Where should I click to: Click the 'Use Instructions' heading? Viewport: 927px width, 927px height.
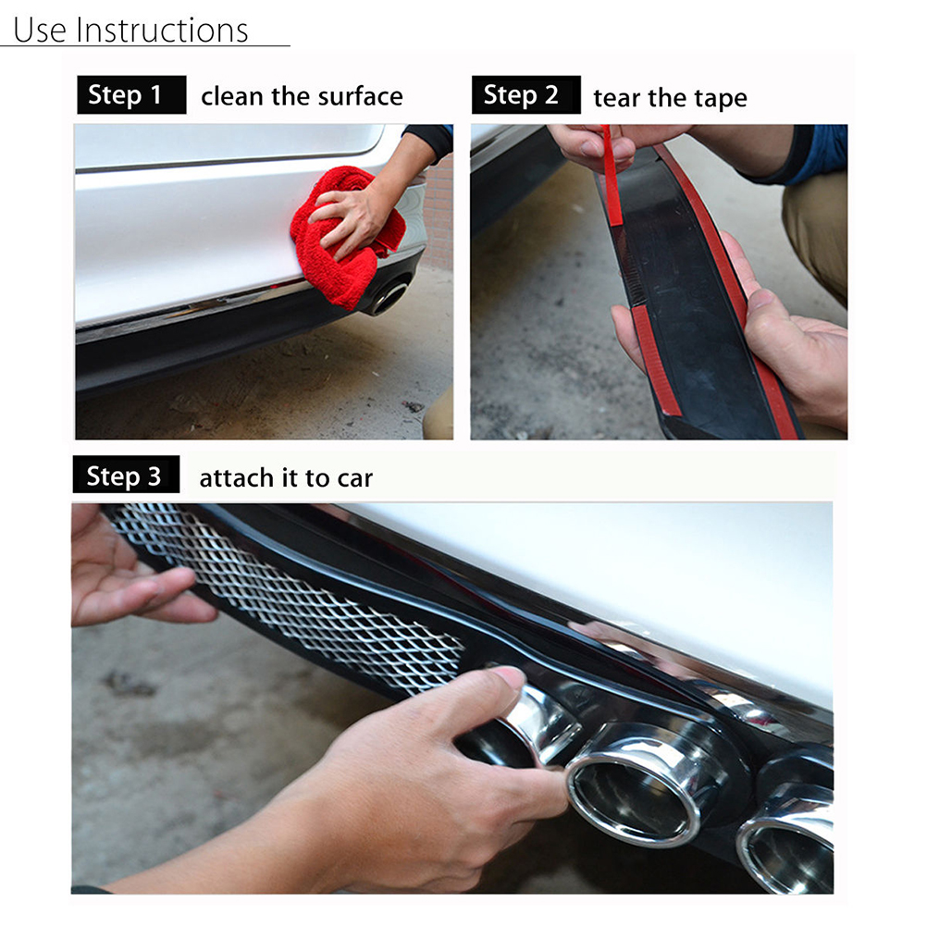click(130, 31)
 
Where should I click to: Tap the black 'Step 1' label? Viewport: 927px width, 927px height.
click(132, 94)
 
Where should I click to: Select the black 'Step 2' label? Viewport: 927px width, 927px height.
click(526, 94)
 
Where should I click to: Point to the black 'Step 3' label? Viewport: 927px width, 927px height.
click(126, 475)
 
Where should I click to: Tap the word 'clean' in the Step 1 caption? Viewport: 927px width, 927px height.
click(231, 96)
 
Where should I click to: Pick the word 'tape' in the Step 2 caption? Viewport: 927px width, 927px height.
click(721, 99)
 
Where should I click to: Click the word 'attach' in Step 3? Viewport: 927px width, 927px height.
click(237, 477)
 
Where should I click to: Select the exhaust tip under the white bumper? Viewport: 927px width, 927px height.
click(388, 297)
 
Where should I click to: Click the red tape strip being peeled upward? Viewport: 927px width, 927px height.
click(611, 176)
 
